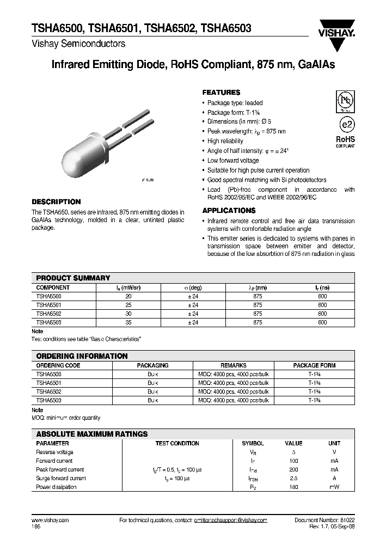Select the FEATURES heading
(x=221, y=93)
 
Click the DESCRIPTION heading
(x=56, y=201)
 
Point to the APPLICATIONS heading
(x=229, y=211)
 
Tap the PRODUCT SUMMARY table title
(x=73, y=278)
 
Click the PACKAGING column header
(x=152, y=366)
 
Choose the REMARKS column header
(x=234, y=366)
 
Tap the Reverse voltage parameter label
(x=54, y=452)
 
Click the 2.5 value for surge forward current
(x=294, y=479)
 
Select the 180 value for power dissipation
(x=294, y=487)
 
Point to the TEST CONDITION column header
(x=177, y=444)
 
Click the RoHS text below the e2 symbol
(x=345, y=139)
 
